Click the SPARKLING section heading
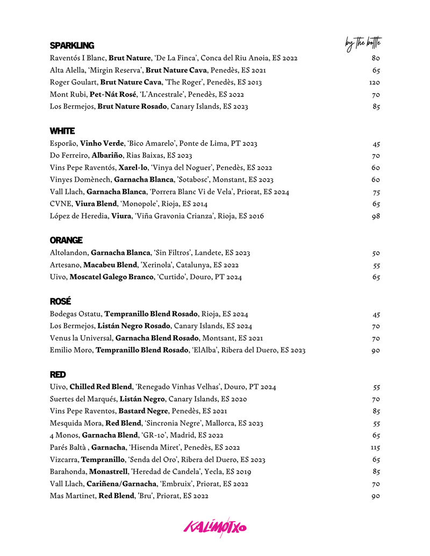(71, 46)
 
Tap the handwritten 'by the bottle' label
(363, 44)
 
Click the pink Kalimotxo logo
(215, 527)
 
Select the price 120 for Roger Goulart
(375, 82)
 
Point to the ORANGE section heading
(66, 240)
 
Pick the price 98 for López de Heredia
(376, 216)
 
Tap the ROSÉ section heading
(60, 301)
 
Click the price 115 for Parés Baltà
(375, 447)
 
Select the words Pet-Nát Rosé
(113, 95)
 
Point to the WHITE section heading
(62, 131)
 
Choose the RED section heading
(58, 374)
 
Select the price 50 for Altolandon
(376, 252)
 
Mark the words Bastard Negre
(144, 411)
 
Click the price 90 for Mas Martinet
(376, 496)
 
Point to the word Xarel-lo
(133, 168)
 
